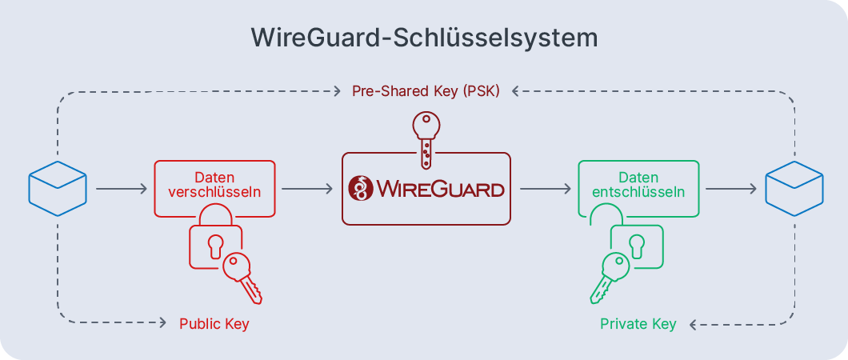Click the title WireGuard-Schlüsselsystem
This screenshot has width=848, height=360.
coord(424,38)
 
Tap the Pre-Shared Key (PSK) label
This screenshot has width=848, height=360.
coord(426,91)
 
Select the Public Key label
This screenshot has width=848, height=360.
coord(214,324)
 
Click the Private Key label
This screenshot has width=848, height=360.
coord(638,324)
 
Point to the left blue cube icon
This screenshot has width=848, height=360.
coord(58,189)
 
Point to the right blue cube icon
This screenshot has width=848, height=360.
coord(794,189)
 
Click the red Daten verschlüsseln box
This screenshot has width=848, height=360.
coord(214,187)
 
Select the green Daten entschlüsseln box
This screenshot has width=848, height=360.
coord(638,187)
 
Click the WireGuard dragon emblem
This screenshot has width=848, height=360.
coord(362,190)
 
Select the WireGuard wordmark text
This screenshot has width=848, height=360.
coord(440,190)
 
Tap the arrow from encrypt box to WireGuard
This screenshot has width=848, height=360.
coord(307,190)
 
